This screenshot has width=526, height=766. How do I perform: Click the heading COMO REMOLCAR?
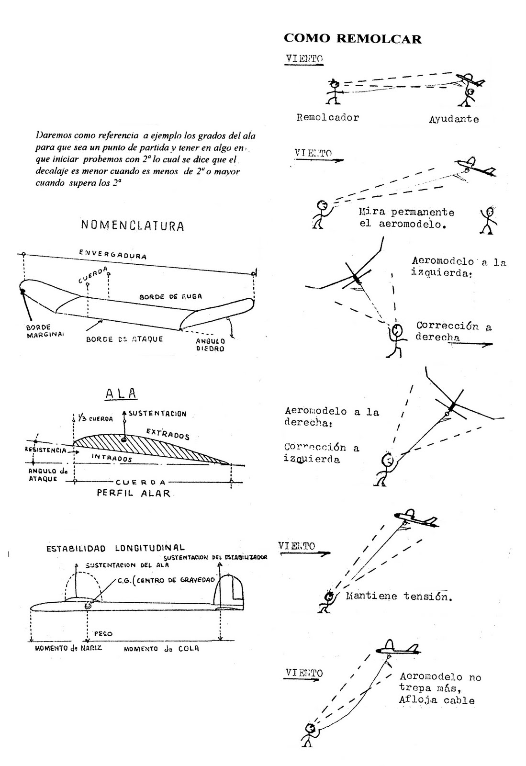click(352, 38)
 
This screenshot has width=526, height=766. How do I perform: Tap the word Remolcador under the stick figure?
click(327, 117)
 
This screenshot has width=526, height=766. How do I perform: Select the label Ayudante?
click(453, 119)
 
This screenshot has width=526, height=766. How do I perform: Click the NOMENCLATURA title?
click(132, 225)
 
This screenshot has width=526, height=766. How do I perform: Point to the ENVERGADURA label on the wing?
click(113, 254)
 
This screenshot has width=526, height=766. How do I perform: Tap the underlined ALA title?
click(121, 394)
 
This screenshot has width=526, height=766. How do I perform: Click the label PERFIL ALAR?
click(134, 493)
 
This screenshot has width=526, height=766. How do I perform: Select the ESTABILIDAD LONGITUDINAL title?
click(115, 548)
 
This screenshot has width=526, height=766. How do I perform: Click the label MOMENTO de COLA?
click(161, 649)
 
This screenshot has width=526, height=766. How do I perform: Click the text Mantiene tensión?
click(398, 597)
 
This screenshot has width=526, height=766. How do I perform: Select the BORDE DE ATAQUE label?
click(124, 339)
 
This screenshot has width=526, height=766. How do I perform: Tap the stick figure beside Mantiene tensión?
click(327, 601)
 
